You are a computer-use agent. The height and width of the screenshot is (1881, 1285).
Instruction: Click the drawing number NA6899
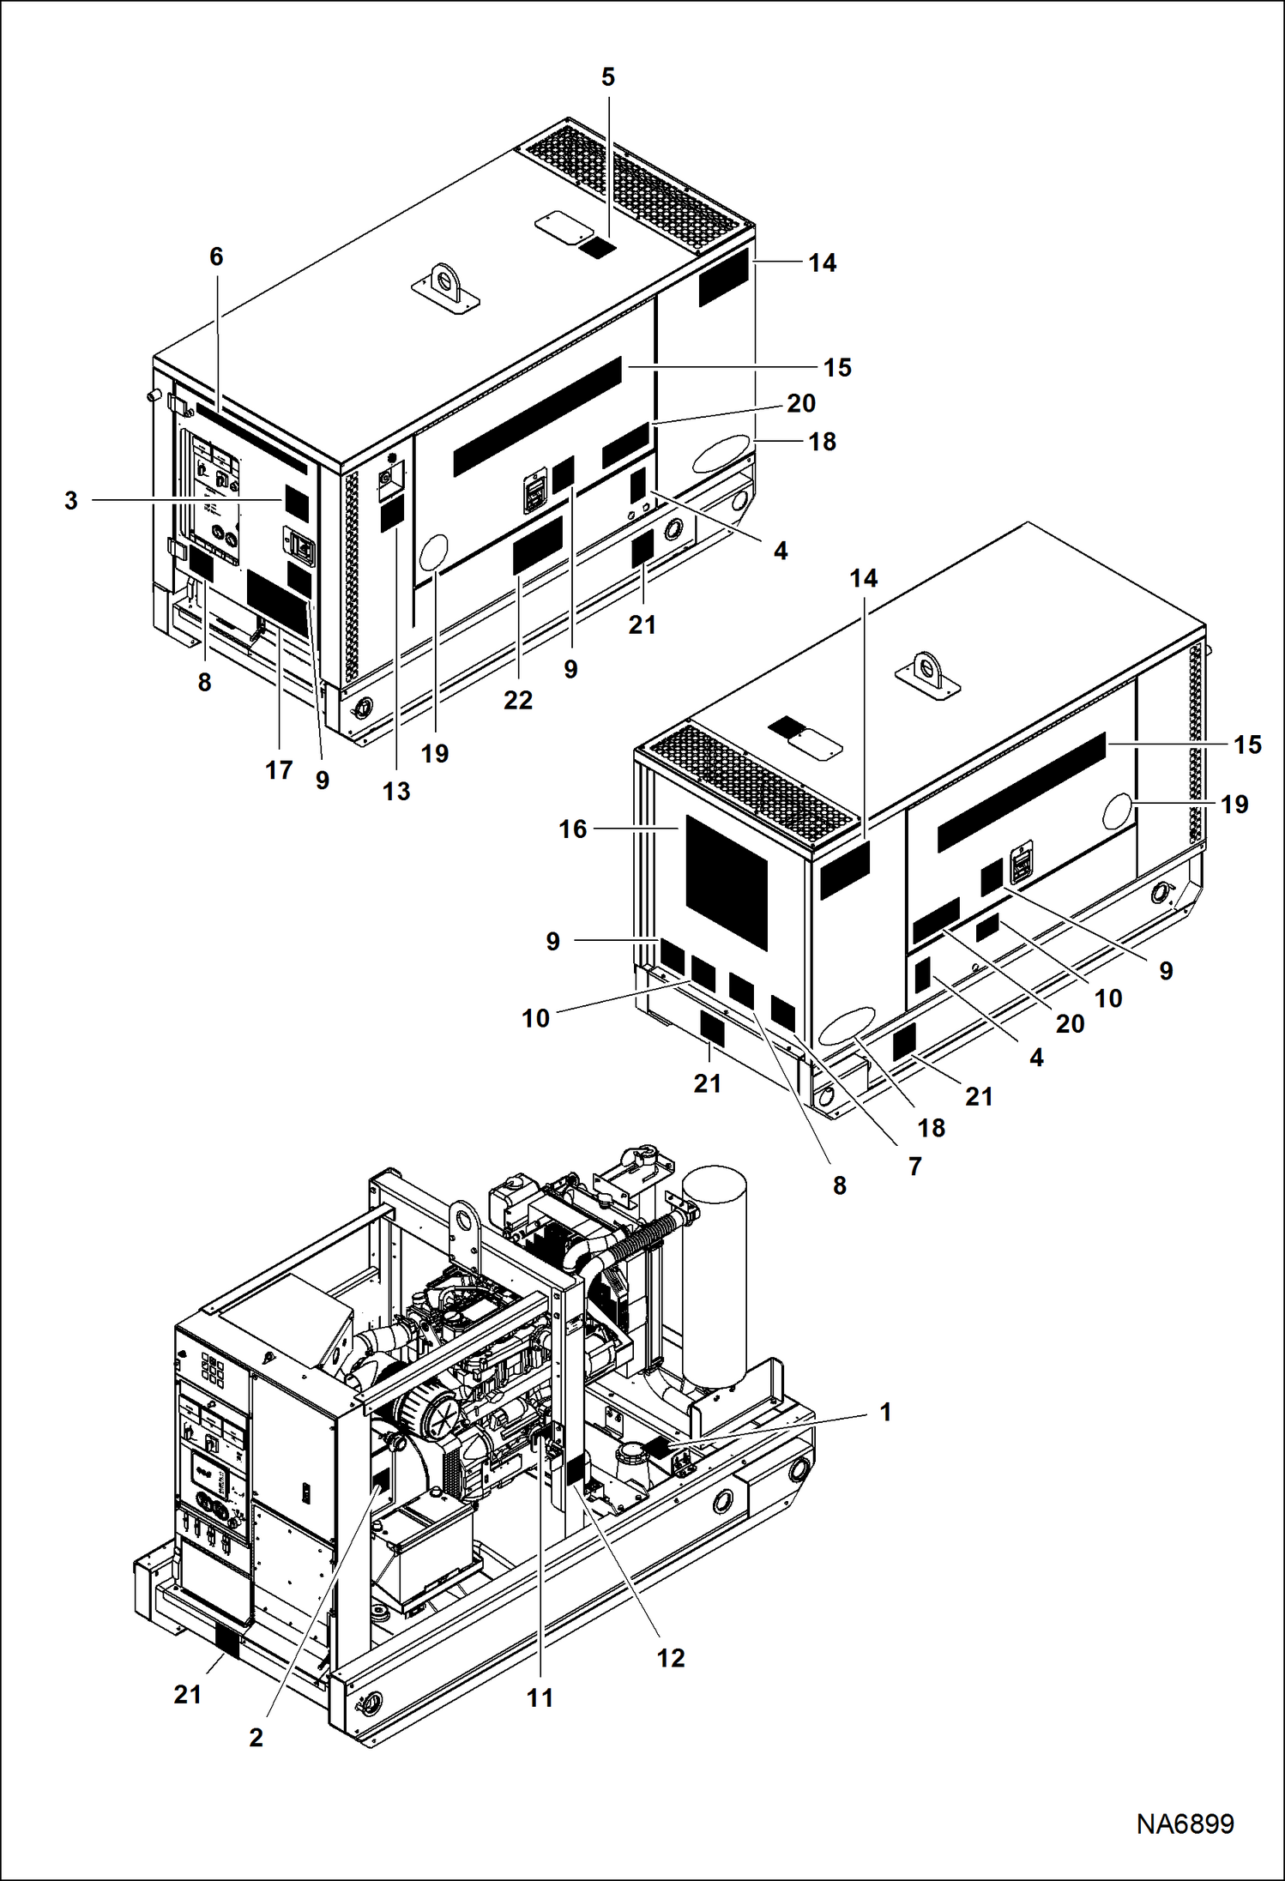click(x=1185, y=1824)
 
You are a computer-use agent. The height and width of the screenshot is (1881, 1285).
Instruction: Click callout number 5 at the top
click(x=607, y=77)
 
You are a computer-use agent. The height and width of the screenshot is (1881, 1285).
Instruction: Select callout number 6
click(x=216, y=256)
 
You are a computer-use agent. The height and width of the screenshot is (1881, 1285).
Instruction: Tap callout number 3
click(x=71, y=501)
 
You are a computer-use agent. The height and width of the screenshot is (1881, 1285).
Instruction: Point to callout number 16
click(x=572, y=829)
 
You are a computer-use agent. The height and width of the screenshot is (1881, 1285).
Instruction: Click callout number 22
click(x=517, y=700)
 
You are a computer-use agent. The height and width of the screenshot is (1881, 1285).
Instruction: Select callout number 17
click(x=279, y=770)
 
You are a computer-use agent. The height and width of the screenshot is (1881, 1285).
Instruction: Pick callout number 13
click(x=396, y=791)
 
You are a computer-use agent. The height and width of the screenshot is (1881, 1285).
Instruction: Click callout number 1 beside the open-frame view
click(x=885, y=1411)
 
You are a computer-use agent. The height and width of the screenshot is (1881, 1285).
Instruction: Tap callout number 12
click(x=671, y=1658)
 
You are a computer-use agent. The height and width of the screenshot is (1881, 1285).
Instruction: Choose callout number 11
click(x=540, y=1697)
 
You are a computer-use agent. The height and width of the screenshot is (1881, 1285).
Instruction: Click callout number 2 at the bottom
click(x=256, y=1737)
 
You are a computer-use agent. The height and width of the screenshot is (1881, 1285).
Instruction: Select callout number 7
click(x=914, y=1166)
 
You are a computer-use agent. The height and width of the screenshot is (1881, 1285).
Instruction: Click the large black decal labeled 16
click(x=726, y=882)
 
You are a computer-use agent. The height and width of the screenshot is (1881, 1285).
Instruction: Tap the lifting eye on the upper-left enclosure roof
click(x=444, y=283)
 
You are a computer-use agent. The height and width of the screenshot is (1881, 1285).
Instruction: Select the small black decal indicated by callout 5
click(x=597, y=248)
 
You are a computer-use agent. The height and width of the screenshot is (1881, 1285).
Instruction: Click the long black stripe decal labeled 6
click(x=250, y=438)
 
